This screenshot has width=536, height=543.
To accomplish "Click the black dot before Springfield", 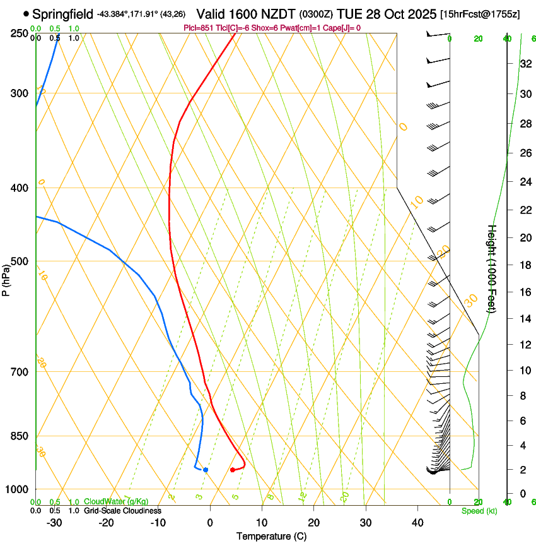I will (26, 13).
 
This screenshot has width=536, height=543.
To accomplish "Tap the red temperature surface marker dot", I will (233, 470).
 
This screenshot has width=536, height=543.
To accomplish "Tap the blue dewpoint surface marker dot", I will (206, 470).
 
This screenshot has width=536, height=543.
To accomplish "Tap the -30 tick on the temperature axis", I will (54, 523).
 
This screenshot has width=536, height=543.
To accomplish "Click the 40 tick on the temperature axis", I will (417, 523).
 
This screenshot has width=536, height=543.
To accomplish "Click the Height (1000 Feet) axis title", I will (492, 268).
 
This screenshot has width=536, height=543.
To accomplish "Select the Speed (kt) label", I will (479, 511).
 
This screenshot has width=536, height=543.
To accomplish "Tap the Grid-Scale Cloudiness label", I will (122, 510).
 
